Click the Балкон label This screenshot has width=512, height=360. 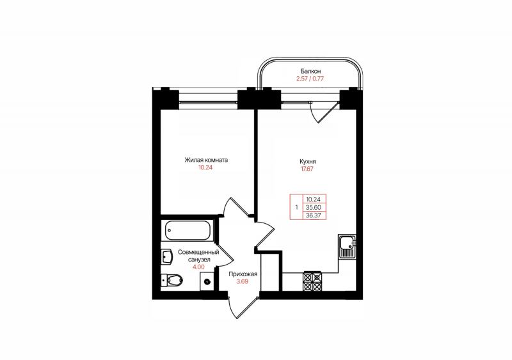[x=310, y=71]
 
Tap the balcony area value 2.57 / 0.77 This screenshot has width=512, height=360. [x=310, y=79]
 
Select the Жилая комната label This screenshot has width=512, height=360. [x=206, y=160]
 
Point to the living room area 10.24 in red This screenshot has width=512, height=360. [x=205, y=168]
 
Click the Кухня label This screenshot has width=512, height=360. [x=308, y=161]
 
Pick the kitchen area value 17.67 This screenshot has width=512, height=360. [x=307, y=169]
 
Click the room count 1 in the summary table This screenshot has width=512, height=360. [x=296, y=207]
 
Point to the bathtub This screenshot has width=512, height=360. [x=188, y=230]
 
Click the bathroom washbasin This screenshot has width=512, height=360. [x=167, y=257]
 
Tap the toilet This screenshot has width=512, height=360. [x=172, y=279]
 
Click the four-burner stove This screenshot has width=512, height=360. [x=313, y=281]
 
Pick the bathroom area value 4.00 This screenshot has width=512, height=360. [x=198, y=267]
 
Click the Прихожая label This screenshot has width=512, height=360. [x=243, y=274]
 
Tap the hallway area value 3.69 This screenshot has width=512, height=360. [x=243, y=281]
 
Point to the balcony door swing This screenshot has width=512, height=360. [x=324, y=112]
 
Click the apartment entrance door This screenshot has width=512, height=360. [x=243, y=308]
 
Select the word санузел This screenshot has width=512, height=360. [x=199, y=260]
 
